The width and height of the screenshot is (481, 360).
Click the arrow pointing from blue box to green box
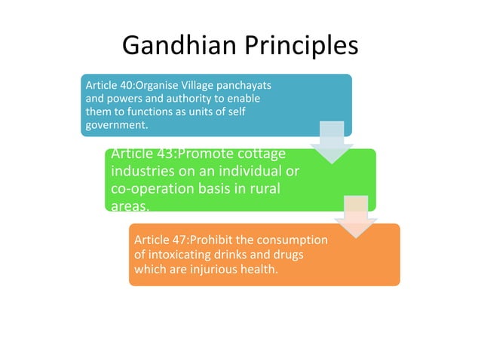coord(331,143)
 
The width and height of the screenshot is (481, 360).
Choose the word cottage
coord(260,154)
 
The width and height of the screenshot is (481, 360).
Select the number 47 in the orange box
coord(176,240)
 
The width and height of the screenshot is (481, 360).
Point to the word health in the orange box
coord(251,269)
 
